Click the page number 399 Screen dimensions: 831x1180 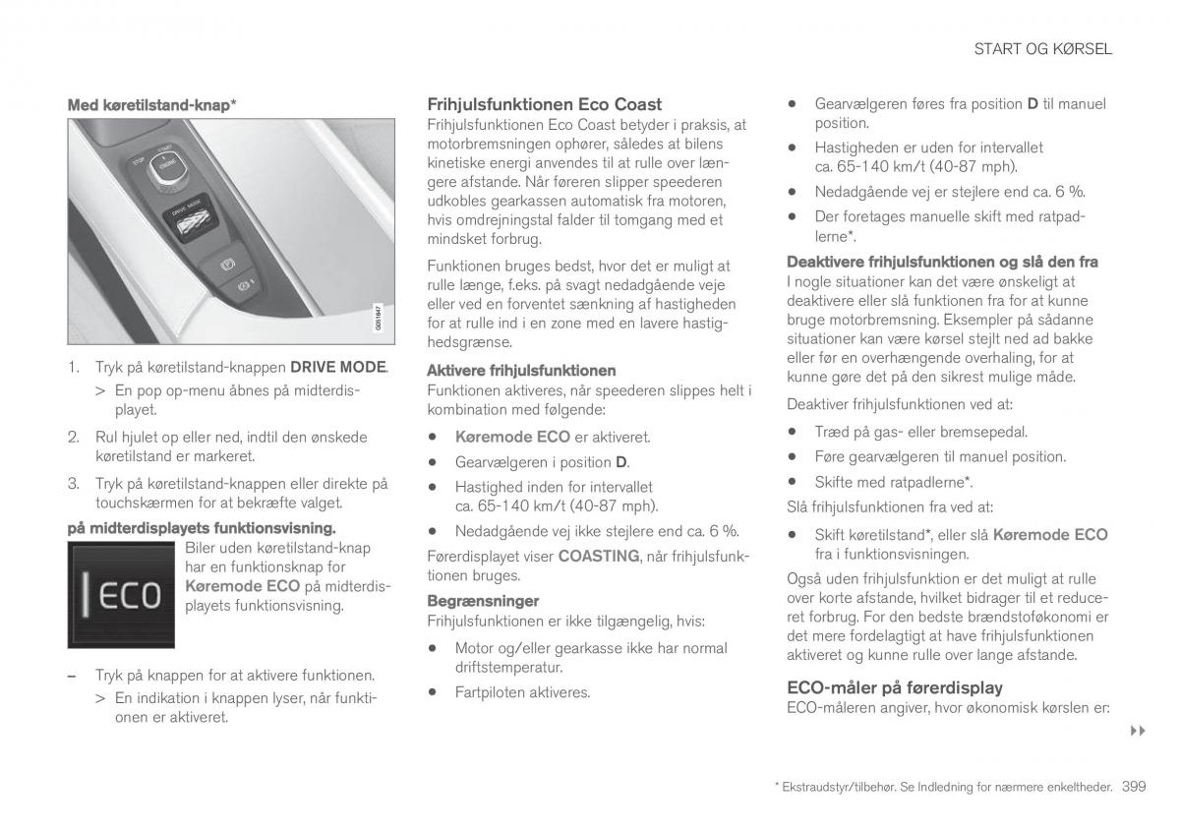pos(1133,787)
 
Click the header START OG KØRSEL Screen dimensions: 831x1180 pos(1042,49)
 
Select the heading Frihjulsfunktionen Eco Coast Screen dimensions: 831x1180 pos(544,104)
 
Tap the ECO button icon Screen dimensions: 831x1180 pos(120,596)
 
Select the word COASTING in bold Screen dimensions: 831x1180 pos(599,556)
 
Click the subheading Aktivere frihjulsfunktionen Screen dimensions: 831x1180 pos(521,371)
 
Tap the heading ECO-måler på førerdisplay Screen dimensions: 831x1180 pos(895,687)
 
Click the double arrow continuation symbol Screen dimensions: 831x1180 pos(1139,732)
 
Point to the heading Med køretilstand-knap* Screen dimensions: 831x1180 pos(151,103)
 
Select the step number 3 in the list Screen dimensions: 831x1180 pos(73,483)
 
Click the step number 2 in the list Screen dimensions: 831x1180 pos(73,436)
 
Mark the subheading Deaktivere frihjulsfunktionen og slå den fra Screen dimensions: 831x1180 pos(942,262)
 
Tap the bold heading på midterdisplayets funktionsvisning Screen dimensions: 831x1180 pos(201,528)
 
